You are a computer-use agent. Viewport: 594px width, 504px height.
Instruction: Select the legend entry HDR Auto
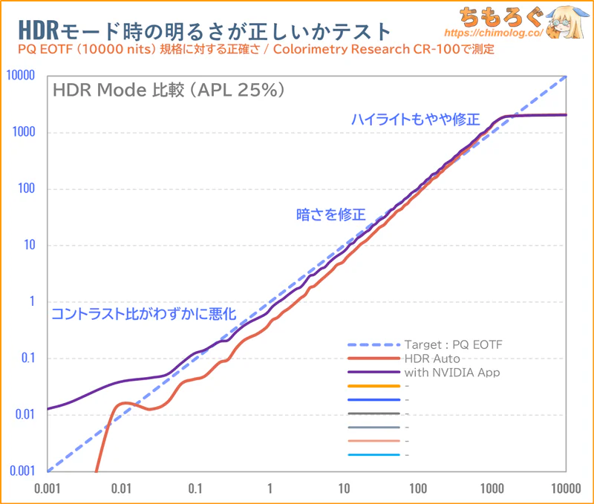tap(431, 359)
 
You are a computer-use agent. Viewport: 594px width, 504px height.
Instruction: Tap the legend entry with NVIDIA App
tap(451, 373)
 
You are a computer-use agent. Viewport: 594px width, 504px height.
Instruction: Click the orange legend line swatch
tap(373, 387)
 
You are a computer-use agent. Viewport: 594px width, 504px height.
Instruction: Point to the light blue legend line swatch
tap(373, 455)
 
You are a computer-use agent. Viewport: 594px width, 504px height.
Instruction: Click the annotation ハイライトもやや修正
tap(416, 120)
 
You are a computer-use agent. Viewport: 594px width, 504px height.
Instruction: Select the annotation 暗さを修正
tap(331, 215)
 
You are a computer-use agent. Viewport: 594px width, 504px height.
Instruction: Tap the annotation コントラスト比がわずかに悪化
tap(143, 314)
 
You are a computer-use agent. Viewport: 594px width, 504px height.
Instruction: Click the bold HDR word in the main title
tap(34, 31)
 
